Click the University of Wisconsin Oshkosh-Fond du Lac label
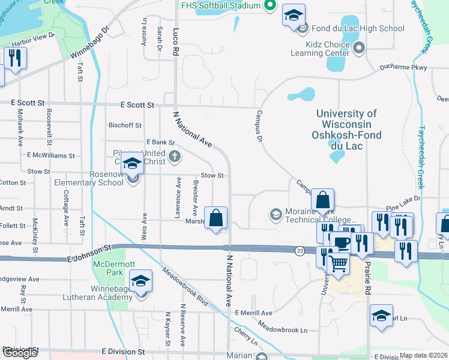click(x=347, y=124)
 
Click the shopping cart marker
click(x=339, y=263)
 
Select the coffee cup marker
click(x=342, y=242)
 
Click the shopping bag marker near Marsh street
click(x=216, y=218)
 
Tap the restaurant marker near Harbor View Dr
click(x=14, y=58)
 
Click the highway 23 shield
click(x=299, y=249)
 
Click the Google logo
click(x=20, y=353)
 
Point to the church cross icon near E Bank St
click(x=175, y=157)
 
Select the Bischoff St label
click(x=124, y=125)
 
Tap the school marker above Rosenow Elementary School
click(x=132, y=163)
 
